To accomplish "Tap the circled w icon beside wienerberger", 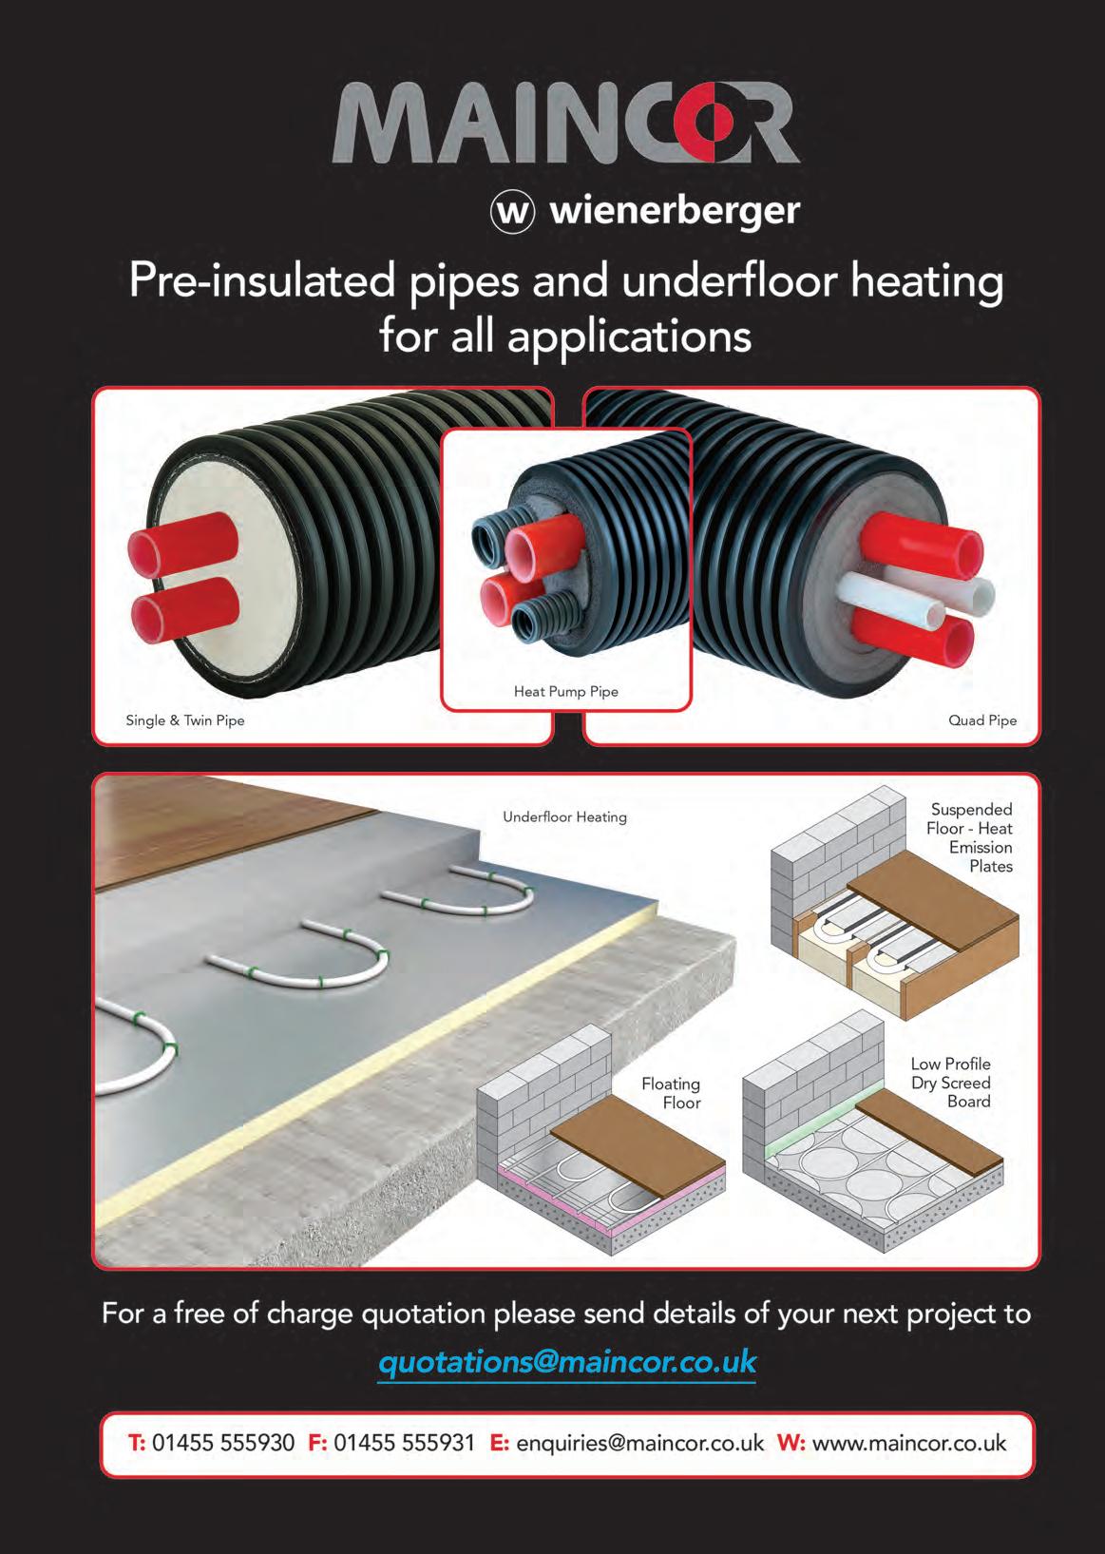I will [x=511, y=211].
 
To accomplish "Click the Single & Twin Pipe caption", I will [x=185, y=720].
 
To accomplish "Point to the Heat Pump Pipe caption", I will [x=565, y=691].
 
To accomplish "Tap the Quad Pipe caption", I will [x=981, y=720].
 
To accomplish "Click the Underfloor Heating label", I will [x=564, y=816].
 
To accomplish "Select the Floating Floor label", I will [x=671, y=1093].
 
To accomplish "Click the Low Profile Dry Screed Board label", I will [x=950, y=1083].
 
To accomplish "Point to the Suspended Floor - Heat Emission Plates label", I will [x=971, y=837].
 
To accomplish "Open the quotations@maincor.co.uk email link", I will [x=567, y=1361].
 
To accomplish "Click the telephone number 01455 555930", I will [x=223, y=1443].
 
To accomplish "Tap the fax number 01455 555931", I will [x=404, y=1443].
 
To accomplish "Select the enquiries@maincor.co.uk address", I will [x=639, y=1443].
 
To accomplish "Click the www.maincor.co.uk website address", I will [x=909, y=1443].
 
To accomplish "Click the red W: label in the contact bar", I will [x=791, y=1443].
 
